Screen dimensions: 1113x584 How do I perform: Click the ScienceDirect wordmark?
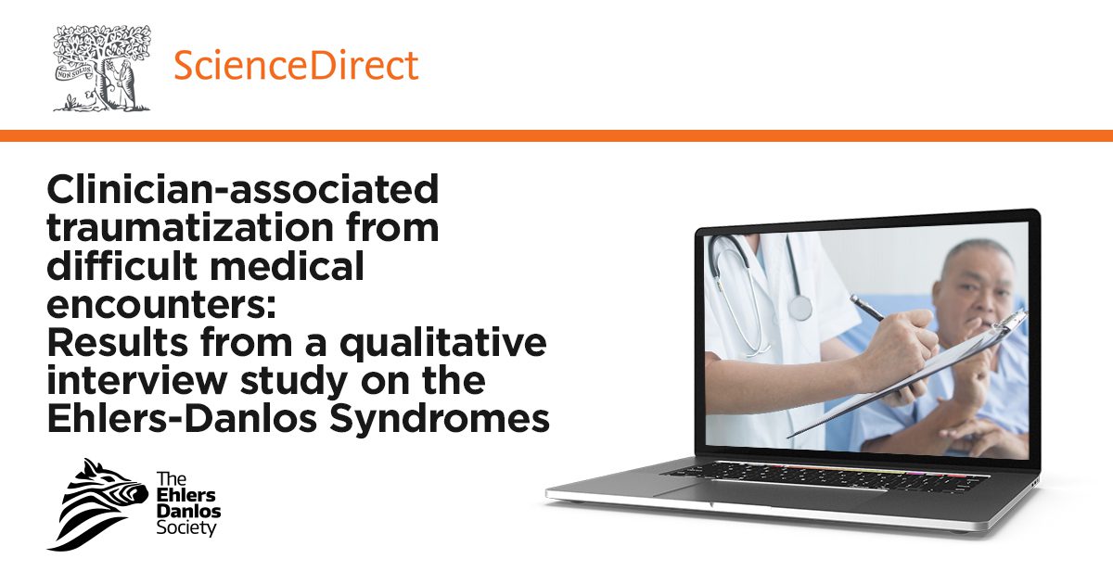[x=296, y=65]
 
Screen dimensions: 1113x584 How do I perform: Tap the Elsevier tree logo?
[x=102, y=68]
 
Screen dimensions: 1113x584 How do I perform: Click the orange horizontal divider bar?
[x=556, y=135]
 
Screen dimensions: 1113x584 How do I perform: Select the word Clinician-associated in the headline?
[x=243, y=189]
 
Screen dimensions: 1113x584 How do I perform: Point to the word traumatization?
[x=190, y=227]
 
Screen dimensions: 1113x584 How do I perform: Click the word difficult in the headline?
[x=122, y=265]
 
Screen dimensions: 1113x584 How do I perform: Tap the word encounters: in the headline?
[x=161, y=303]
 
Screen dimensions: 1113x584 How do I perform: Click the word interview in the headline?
[x=136, y=380]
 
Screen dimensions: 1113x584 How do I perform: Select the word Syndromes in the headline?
[x=440, y=420]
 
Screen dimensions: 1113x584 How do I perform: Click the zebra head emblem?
[x=98, y=504]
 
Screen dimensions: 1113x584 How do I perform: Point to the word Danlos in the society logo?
[x=188, y=511]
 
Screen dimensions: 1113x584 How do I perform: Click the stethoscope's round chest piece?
[x=800, y=307]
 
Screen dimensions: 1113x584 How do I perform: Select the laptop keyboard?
[x=825, y=476]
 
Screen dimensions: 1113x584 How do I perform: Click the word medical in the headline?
[x=287, y=265]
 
